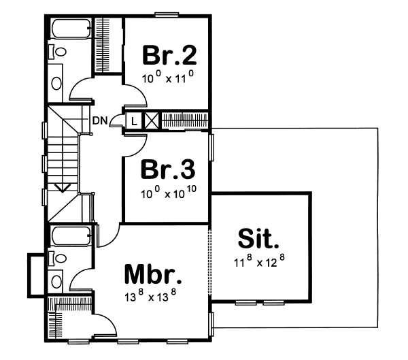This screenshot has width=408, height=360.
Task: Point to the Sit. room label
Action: tap(259, 240)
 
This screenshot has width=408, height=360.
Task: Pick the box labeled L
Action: tap(134, 120)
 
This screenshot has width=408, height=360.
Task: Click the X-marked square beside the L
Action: tap(151, 120)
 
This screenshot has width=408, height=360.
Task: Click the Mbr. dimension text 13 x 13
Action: tap(152, 296)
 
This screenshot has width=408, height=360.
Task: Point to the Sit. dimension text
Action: tap(258, 261)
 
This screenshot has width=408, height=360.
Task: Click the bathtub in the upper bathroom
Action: tap(71, 29)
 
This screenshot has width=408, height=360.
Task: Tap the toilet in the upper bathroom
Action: tap(59, 52)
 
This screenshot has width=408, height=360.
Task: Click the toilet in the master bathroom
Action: tap(59, 258)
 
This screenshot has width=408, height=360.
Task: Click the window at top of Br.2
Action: tap(165, 14)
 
